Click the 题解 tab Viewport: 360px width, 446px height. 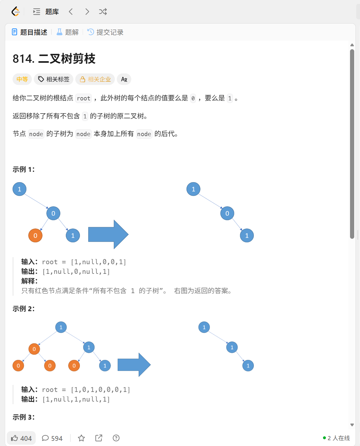pyautogui.click(x=68, y=32)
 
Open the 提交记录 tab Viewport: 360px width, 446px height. pyautogui.click(x=106, y=32)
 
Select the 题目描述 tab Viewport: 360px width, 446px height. pyautogui.click(x=30, y=32)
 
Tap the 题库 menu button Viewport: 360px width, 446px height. pyautogui.click(x=46, y=12)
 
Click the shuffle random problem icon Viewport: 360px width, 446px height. pyautogui.click(x=103, y=12)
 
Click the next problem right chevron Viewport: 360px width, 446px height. pyautogui.click(x=87, y=12)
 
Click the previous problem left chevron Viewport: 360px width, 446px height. pyautogui.click(x=71, y=12)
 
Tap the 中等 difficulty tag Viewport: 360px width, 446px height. pyautogui.click(x=22, y=79)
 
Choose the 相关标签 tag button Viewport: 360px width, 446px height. pyautogui.click(x=54, y=79)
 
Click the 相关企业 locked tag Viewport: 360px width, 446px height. pyautogui.click(x=95, y=79)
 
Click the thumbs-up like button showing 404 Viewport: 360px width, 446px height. pyautogui.click(x=21, y=438)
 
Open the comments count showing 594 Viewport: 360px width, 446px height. pyautogui.click(x=52, y=438)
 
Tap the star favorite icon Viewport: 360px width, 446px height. pyautogui.click(x=81, y=438)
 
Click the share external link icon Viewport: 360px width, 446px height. pyautogui.click(x=99, y=438)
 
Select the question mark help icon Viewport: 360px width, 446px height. pyautogui.click(x=116, y=438)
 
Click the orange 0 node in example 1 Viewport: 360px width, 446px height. pyautogui.click(x=35, y=236)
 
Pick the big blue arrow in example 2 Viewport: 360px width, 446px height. pyautogui.click(x=134, y=365)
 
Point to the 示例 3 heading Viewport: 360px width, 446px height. pyautogui.click(x=23, y=417)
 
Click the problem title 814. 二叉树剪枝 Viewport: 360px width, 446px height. pyautogui.click(x=54, y=59)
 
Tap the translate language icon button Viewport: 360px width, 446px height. pyautogui.click(x=124, y=79)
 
